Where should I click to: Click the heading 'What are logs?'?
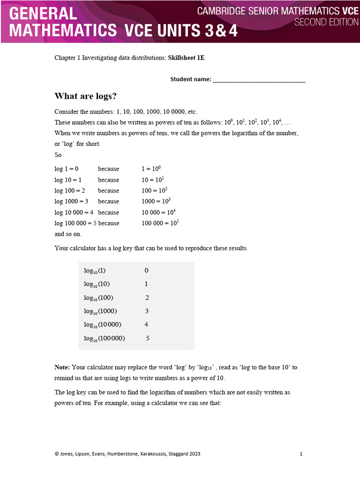[x=85, y=96]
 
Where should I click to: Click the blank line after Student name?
[x=259, y=80]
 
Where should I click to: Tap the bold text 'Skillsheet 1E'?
[x=186, y=58]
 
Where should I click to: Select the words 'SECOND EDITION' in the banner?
[x=326, y=22]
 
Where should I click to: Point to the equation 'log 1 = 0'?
[x=67, y=169]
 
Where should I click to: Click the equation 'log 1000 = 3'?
[x=71, y=202]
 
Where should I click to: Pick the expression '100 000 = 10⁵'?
[x=160, y=223]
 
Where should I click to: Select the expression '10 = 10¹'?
[x=153, y=180]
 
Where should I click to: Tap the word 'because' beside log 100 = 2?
[x=108, y=191]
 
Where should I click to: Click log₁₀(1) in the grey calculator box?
[x=95, y=270]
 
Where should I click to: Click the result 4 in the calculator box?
[x=146, y=324]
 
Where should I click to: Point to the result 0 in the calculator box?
[x=146, y=270]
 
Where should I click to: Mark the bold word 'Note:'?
[x=62, y=367]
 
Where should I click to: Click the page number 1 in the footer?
[x=301, y=454]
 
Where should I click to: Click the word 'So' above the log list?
[x=58, y=155]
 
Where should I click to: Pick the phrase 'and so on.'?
[x=68, y=234]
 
